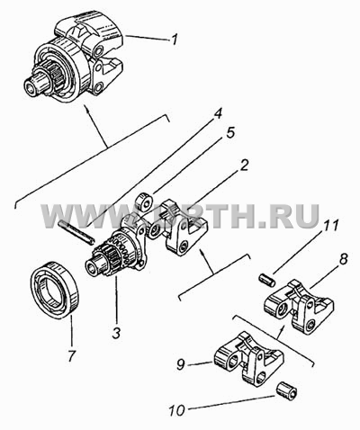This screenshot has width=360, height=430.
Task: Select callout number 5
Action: point(229,133)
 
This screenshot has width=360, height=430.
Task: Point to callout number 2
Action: point(244,165)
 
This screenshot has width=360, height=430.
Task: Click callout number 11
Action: point(329,227)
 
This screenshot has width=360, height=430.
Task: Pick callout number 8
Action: point(343,259)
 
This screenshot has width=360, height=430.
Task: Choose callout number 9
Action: point(181,364)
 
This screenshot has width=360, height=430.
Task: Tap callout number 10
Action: point(177,410)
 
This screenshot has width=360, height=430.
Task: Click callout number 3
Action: point(116,332)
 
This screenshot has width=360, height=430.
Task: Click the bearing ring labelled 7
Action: point(54,290)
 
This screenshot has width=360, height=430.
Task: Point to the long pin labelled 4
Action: point(76,231)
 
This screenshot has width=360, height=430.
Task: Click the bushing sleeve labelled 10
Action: point(286,390)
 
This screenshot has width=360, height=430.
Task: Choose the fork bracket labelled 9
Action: point(248,359)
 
